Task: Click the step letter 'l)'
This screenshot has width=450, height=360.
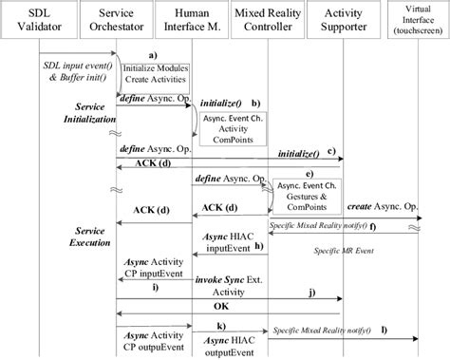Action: coord(384,330)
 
